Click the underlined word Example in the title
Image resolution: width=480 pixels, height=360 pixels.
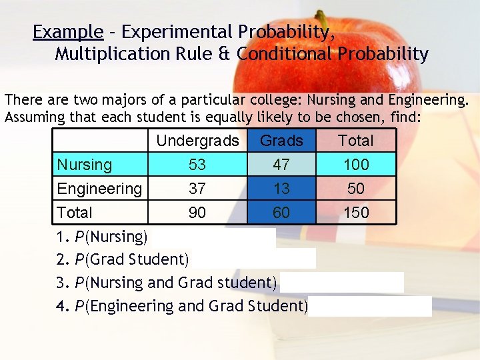[x=68, y=32]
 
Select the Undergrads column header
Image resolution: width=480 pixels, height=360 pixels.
[x=197, y=141]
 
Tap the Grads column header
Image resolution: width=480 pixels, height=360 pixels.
[x=281, y=141]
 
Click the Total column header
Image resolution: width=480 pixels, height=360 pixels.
[x=356, y=141]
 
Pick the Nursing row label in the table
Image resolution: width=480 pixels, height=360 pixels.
[x=85, y=165]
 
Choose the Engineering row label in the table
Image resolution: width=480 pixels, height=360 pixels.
[x=99, y=189]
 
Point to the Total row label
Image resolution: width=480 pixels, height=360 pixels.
[x=75, y=213]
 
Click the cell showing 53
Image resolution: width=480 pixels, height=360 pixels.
[x=197, y=165]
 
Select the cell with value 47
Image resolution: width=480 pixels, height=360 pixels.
[x=281, y=165]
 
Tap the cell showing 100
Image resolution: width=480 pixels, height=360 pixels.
[x=356, y=165]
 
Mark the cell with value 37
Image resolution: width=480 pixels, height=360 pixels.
[x=197, y=189]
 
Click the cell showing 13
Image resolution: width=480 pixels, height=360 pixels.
[x=281, y=189]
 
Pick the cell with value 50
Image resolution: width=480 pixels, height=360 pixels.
[x=356, y=189]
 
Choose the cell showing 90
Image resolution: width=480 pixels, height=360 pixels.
[x=197, y=213]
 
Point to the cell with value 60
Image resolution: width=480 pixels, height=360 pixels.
[x=281, y=213]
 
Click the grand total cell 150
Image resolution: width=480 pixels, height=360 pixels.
[x=356, y=213]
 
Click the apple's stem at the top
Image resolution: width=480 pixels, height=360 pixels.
[x=321, y=18]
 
